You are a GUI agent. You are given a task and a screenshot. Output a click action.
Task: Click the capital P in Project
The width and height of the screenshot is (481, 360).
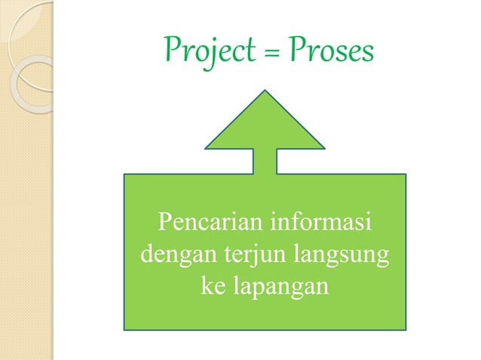click(x=171, y=50)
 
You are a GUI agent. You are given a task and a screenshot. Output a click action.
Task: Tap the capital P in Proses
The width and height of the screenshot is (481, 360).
click(x=296, y=50)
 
